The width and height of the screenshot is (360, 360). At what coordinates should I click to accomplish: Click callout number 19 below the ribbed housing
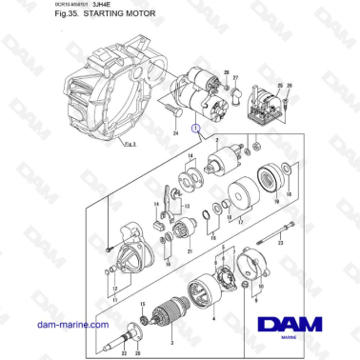point(276,202)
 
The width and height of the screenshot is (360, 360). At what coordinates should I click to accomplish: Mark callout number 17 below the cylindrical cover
point(240,221)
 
